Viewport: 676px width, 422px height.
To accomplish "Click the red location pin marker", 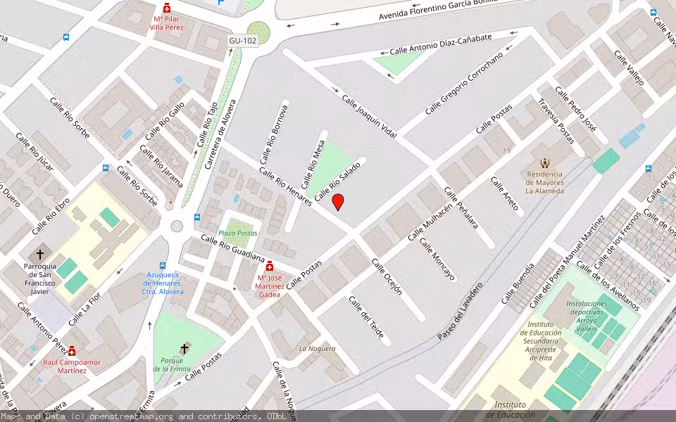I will pyautogui.click(x=338, y=202).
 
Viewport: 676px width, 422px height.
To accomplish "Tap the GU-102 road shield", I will pyautogui.click(x=243, y=41).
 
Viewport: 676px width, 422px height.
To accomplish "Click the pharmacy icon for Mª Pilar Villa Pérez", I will pyautogui.click(x=167, y=8).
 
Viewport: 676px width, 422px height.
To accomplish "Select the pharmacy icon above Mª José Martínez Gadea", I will pyautogui.click(x=269, y=266).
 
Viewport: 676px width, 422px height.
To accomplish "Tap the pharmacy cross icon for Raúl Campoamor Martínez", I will pyautogui.click(x=71, y=351).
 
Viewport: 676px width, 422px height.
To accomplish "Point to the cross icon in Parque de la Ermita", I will pyautogui.click(x=184, y=348).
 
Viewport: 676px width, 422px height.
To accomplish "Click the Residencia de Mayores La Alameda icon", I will pyautogui.click(x=544, y=162).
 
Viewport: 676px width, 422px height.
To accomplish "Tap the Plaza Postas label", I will pyautogui.click(x=237, y=233).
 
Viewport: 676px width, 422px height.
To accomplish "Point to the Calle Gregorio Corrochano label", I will pyautogui.click(x=465, y=84).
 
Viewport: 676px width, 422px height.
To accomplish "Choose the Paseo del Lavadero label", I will pyautogui.click(x=461, y=312).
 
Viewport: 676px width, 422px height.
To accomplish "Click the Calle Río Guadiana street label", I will pyautogui.click(x=232, y=249).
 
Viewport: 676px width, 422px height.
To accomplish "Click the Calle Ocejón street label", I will pyautogui.click(x=387, y=276).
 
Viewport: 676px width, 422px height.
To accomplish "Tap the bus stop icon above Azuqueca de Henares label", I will pyautogui.click(x=163, y=266).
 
